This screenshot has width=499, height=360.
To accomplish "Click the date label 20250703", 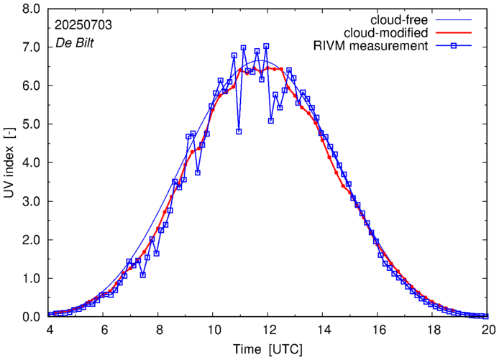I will point(83,25).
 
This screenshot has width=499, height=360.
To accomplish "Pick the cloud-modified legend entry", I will point(388,32).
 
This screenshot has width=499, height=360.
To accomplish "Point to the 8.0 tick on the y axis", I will point(31,9).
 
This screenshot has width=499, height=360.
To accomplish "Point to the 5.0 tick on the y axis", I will point(31,124).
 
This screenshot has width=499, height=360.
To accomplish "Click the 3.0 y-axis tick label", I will point(31,201).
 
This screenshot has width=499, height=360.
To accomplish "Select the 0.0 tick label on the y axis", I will point(31,317).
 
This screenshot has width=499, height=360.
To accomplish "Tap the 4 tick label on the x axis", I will point(49,330).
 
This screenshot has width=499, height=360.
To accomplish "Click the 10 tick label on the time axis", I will point(214,330).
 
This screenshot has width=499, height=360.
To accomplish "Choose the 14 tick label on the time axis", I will point(324,330).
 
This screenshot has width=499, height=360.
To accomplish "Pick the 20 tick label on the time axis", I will point(488,330).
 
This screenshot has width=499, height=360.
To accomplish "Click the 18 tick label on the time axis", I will point(434,330).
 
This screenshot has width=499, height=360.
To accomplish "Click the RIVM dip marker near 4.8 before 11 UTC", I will point(239,131).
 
